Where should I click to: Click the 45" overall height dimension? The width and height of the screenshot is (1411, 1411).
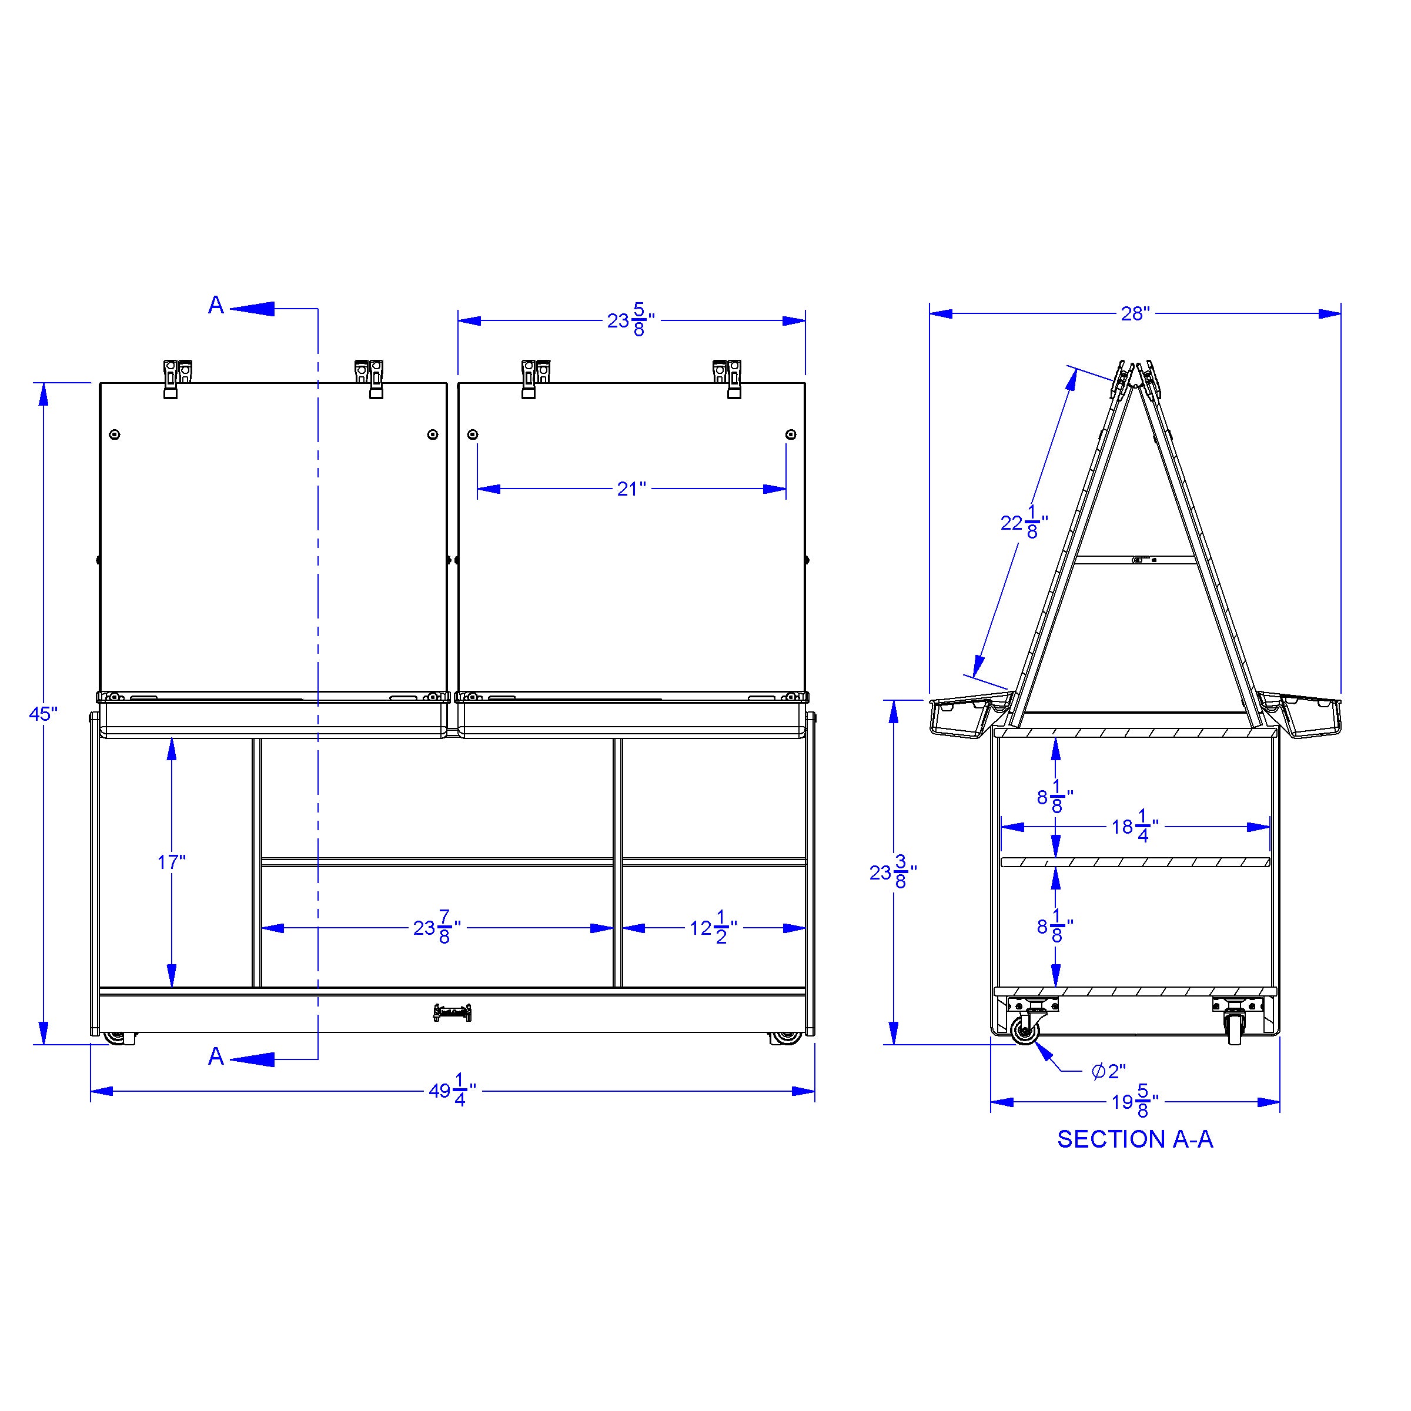(x=43, y=714)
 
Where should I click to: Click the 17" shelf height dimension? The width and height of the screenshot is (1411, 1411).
(x=172, y=862)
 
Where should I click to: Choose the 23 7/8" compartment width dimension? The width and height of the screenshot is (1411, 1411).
(x=437, y=928)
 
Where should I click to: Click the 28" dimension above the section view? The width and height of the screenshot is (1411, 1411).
(x=1135, y=313)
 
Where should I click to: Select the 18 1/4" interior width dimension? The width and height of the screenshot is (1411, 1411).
(x=1135, y=826)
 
